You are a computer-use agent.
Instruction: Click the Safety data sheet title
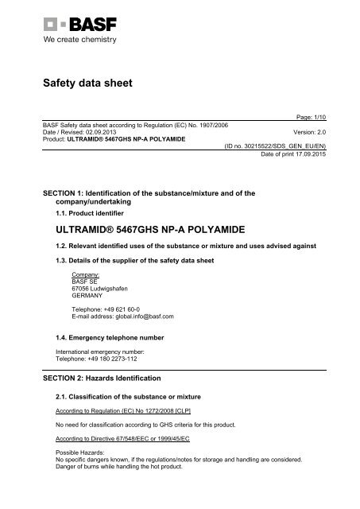click(87, 82)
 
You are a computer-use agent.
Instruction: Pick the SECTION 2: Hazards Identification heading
click(114, 377)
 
